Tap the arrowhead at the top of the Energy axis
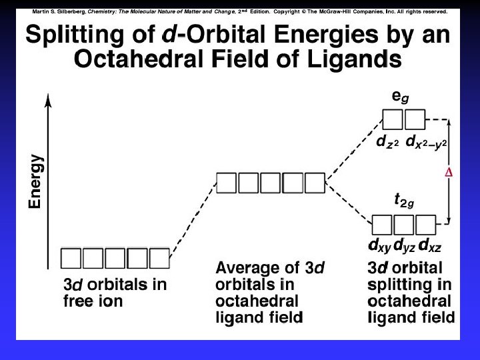point(47,99)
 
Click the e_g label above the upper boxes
point(400,97)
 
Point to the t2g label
point(404,200)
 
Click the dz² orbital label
point(387,142)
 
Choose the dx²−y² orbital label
point(425,142)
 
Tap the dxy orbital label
point(379,245)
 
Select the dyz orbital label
point(404,245)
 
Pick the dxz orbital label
point(429,245)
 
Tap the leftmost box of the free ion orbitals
point(72,258)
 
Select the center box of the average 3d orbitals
point(271,182)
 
